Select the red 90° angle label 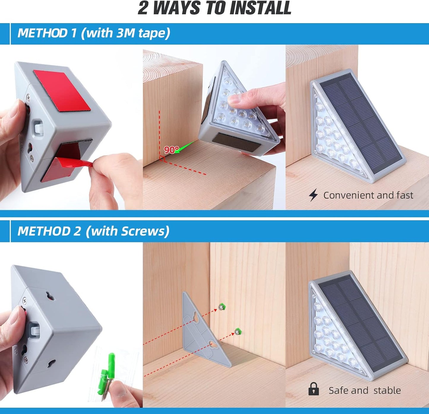[x=171, y=150]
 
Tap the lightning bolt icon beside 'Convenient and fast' [x=313, y=195]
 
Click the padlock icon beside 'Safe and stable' [x=314, y=389]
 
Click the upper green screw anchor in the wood [x=221, y=307]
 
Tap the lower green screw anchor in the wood [x=238, y=331]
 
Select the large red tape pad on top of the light [x=62, y=90]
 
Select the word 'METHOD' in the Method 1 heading [x=42, y=33]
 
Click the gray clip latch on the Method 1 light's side [x=38, y=128]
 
